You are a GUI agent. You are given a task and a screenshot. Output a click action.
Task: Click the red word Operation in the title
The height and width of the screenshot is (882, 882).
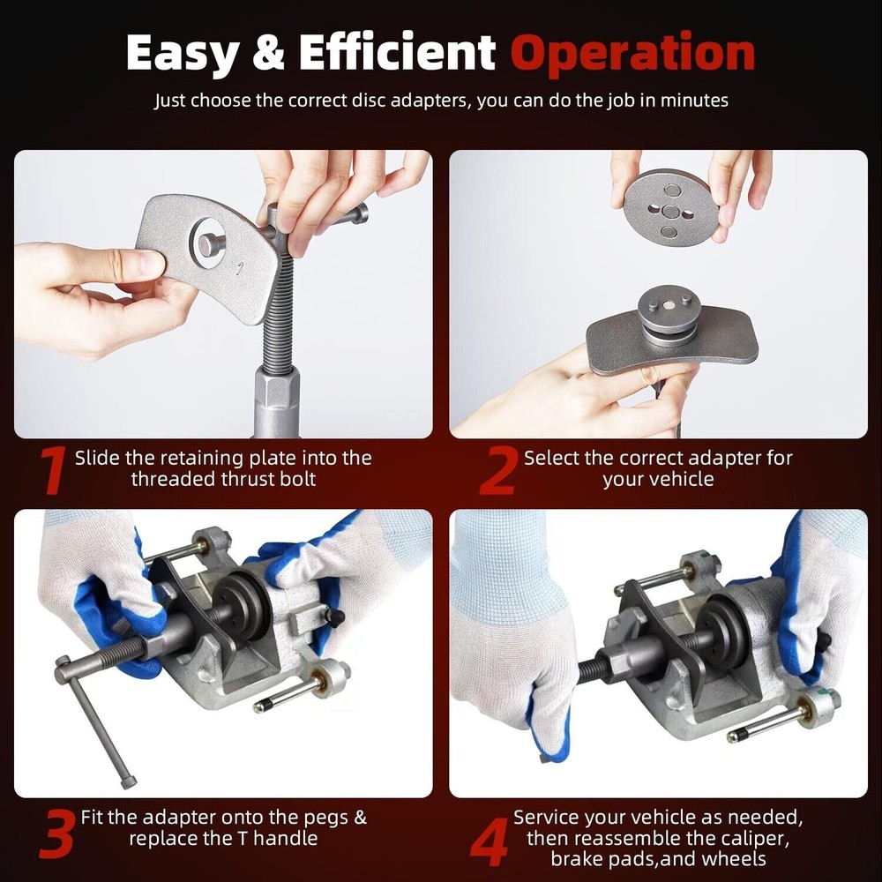click(633, 53)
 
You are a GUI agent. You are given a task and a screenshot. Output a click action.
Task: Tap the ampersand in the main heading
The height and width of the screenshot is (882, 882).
click(269, 53)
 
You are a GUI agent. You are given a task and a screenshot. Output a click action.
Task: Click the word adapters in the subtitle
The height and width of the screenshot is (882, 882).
click(426, 101)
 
